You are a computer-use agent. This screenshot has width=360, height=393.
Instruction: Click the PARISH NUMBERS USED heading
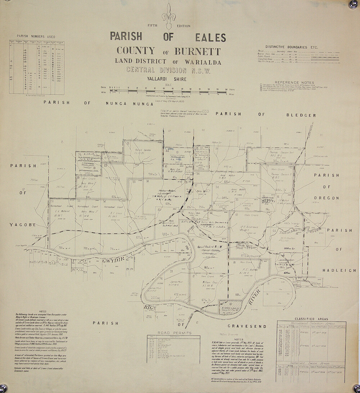[36, 36]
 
